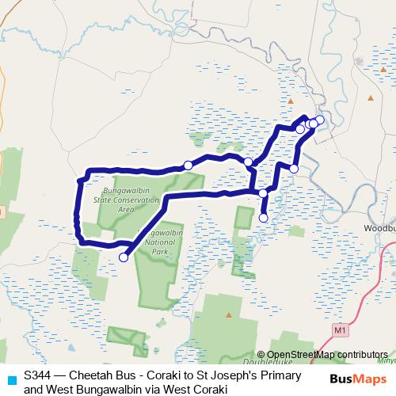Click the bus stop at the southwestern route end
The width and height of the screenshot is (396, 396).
(124, 257)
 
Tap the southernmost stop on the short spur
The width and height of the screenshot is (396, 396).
(264, 218)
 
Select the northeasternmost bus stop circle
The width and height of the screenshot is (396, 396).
(319, 120)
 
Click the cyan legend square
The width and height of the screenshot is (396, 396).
(10, 379)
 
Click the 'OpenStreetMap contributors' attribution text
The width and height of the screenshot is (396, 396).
(327, 355)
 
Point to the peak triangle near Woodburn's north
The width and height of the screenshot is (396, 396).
(371, 98)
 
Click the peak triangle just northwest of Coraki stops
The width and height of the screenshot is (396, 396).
(291, 101)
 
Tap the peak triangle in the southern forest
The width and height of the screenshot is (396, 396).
(229, 314)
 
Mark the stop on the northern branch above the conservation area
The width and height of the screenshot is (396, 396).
(188, 165)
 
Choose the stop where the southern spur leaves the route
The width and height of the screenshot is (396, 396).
(263, 192)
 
